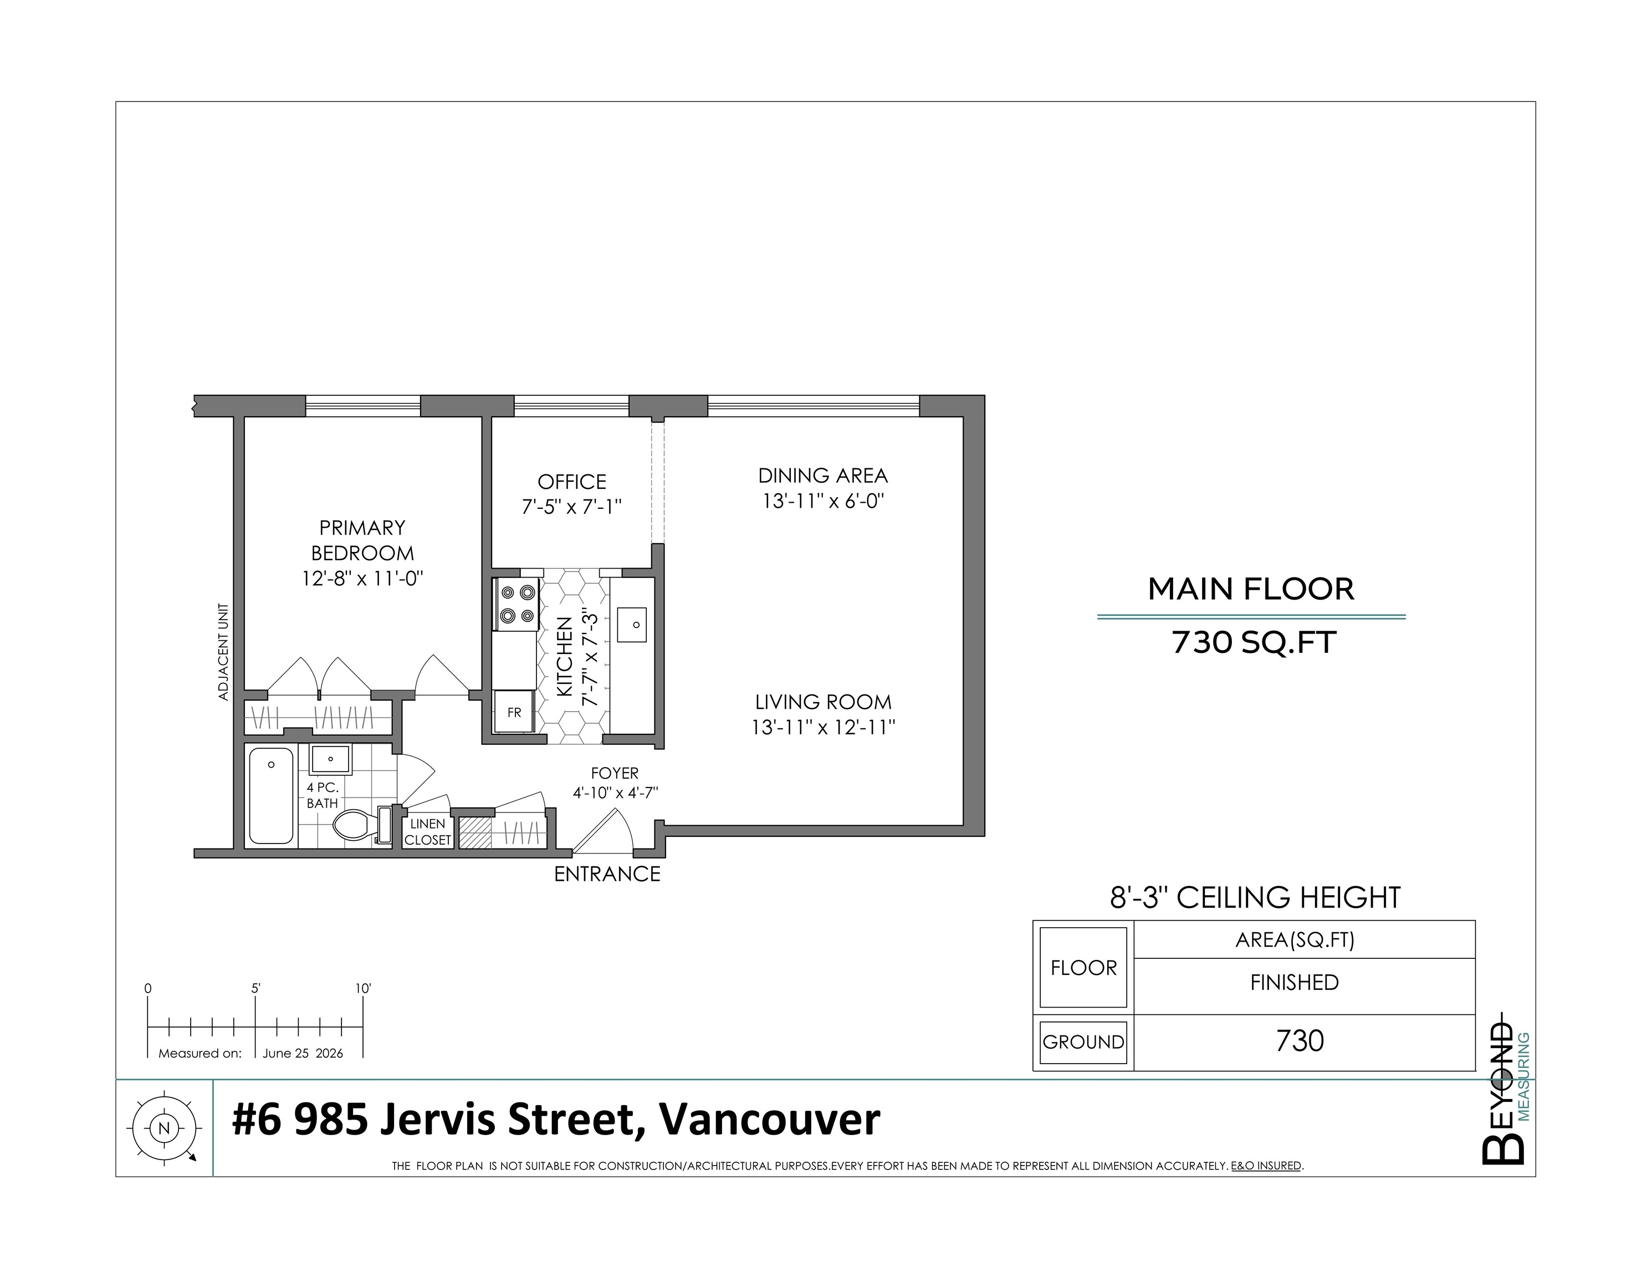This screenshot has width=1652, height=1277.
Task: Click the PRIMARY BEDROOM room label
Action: pyautogui.click(x=362, y=540)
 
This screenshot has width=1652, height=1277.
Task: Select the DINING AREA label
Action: pyautogui.click(x=823, y=476)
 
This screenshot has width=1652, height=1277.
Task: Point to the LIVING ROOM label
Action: pyautogui.click(x=823, y=702)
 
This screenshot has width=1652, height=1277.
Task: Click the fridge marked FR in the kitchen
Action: pyautogui.click(x=514, y=712)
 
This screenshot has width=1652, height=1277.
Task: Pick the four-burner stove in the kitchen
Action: pyautogui.click(x=516, y=604)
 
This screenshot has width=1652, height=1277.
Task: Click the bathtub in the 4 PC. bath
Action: pyautogui.click(x=271, y=796)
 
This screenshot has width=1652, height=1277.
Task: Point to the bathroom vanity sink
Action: pyautogui.click(x=330, y=759)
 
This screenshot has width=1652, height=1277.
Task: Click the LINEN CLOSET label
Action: pyautogui.click(x=427, y=832)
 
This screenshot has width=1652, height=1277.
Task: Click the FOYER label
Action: pyautogui.click(x=615, y=773)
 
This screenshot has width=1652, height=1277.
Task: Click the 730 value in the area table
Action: pyautogui.click(x=1300, y=1041)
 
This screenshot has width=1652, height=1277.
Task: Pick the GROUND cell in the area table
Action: pyautogui.click(x=1083, y=1042)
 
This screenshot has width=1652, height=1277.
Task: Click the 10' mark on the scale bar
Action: pyautogui.click(x=363, y=989)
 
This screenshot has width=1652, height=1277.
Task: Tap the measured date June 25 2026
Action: pyautogui.click(x=303, y=1053)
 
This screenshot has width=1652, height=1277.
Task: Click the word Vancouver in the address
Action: pyautogui.click(x=769, y=1120)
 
